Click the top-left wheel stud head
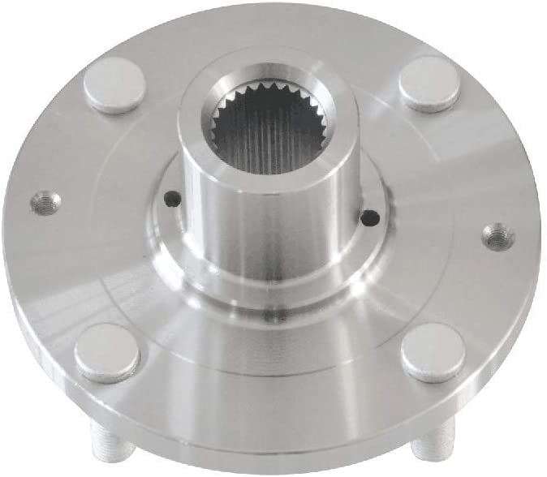pos(114,84)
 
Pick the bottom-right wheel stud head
pos(433,353)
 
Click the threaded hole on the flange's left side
pos(45,203)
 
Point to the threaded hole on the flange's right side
pos(497,237)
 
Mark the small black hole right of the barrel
pos(369,217)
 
